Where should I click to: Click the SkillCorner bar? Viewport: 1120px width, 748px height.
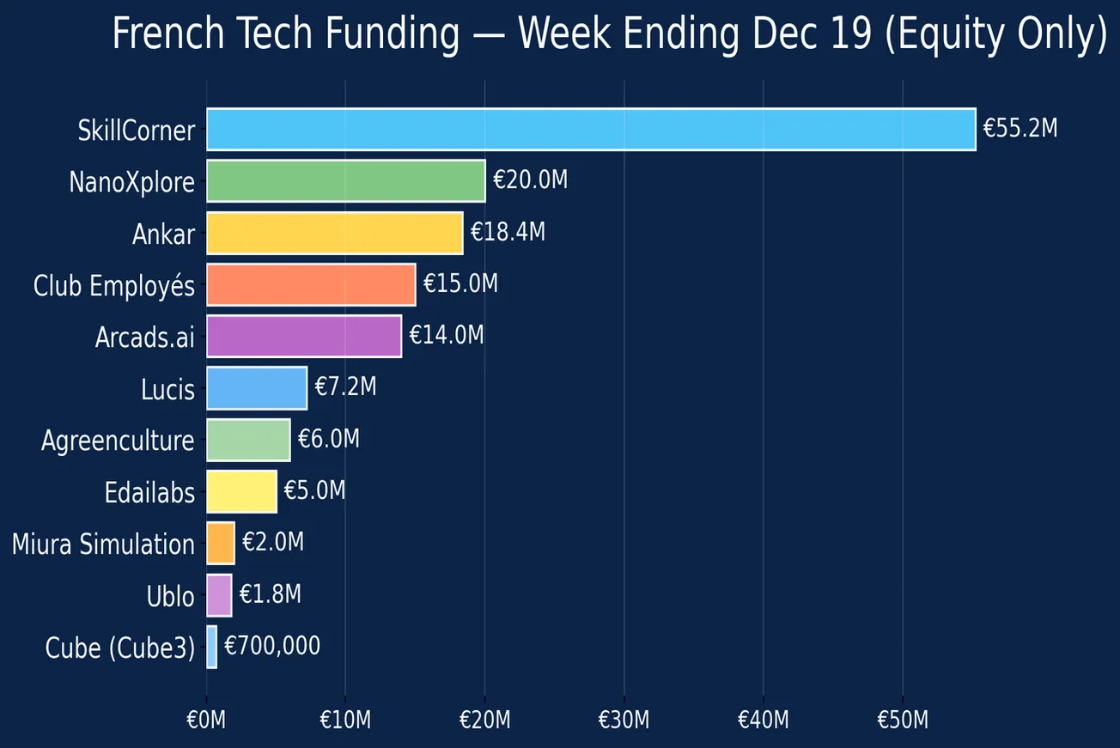point(591,130)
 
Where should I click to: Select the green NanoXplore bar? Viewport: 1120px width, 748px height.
point(345,181)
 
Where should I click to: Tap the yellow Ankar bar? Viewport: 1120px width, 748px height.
point(334,233)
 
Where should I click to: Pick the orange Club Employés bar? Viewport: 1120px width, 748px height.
point(311,284)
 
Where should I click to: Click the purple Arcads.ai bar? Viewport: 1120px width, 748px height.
point(304,336)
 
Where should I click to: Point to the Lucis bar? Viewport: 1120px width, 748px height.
point(257,388)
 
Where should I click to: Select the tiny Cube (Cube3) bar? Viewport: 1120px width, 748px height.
point(211,647)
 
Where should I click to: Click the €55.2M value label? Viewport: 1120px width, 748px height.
point(1020,130)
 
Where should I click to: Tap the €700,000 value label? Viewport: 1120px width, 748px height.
point(272,646)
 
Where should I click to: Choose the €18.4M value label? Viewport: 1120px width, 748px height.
point(508,233)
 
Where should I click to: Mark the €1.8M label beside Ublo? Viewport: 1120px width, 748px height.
point(270,594)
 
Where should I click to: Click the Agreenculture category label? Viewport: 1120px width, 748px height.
point(118,441)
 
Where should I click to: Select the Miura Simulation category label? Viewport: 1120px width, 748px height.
point(103,544)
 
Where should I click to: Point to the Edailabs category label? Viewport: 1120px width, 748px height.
point(149,493)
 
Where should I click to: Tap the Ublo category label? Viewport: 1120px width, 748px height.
point(170,596)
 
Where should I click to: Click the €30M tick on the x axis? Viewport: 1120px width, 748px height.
point(624,720)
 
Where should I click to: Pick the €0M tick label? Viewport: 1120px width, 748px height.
point(206,720)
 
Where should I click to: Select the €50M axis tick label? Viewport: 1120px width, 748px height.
point(902,720)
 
